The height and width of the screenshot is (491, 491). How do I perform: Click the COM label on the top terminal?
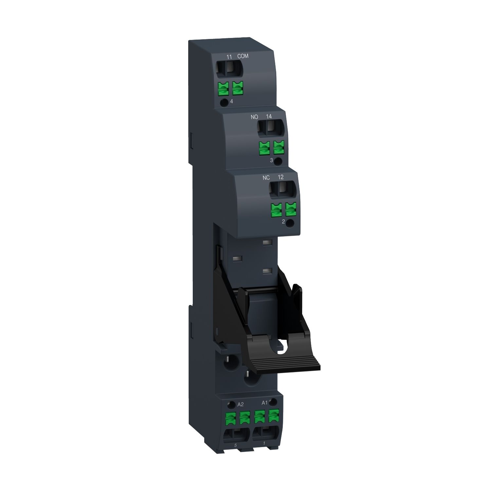coord(243,56)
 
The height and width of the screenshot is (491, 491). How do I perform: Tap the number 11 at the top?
coord(229,57)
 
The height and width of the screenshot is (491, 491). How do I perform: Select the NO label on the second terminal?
coord(254,117)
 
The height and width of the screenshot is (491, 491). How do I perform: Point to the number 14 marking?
coord(269,117)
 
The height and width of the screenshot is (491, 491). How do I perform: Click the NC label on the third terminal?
coord(266,178)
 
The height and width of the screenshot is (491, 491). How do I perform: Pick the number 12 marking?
coord(281,177)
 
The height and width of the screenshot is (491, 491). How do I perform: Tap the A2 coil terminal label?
coord(240,405)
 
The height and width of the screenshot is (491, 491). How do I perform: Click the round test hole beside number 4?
coord(224,102)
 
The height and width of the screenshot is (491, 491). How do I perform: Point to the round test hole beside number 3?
coord(278,161)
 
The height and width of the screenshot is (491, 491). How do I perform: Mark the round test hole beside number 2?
coord(290,223)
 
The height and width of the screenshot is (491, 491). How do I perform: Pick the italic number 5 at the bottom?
coord(235,446)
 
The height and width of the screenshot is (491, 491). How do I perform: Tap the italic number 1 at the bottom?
coord(264,444)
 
